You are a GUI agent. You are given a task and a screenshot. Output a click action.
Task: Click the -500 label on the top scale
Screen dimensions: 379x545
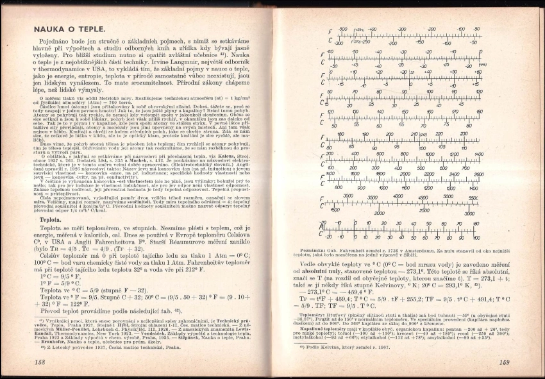[342, 29]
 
